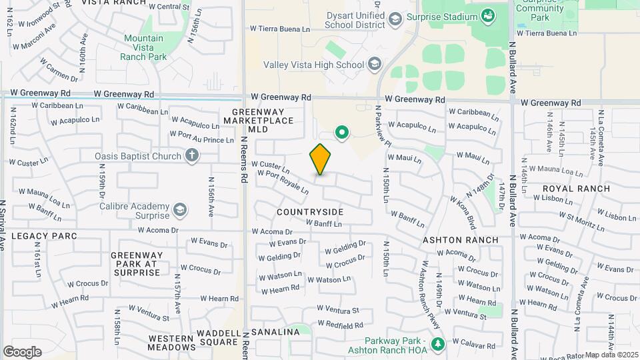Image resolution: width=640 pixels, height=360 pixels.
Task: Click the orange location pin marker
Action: pyautogui.click(x=320, y=159)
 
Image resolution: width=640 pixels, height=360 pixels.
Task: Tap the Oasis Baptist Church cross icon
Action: pyautogui.click(x=192, y=157)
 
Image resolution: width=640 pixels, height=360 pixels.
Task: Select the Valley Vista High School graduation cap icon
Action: pyautogui.click(x=375, y=64)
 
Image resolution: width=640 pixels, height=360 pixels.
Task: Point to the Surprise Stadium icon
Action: pyautogui.click(x=488, y=15)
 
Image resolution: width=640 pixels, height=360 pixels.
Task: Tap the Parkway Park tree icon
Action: pyautogui.click(x=438, y=344)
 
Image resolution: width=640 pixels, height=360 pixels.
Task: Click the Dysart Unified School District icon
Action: pyautogui.click(x=395, y=19)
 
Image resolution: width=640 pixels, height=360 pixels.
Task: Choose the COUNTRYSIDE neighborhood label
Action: pyautogui.click(x=310, y=212)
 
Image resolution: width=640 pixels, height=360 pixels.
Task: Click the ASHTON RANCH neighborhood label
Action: pyautogui.click(x=461, y=240)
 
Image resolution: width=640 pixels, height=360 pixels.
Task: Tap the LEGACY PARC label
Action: pyautogui.click(x=44, y=236)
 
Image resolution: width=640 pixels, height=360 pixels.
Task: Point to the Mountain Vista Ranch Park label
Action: pyautogui.click(x=143, y=47)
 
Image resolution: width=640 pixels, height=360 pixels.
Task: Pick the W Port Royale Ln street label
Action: pyautogui.click(x=283, y=182)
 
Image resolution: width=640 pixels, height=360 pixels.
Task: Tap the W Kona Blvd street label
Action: pyautogui.click(x=462, y=211)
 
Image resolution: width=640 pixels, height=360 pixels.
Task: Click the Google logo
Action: pyautogui.click(x=22, y=352)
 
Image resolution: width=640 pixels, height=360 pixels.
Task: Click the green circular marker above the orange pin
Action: pyautogui.click(x=343, y=133)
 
